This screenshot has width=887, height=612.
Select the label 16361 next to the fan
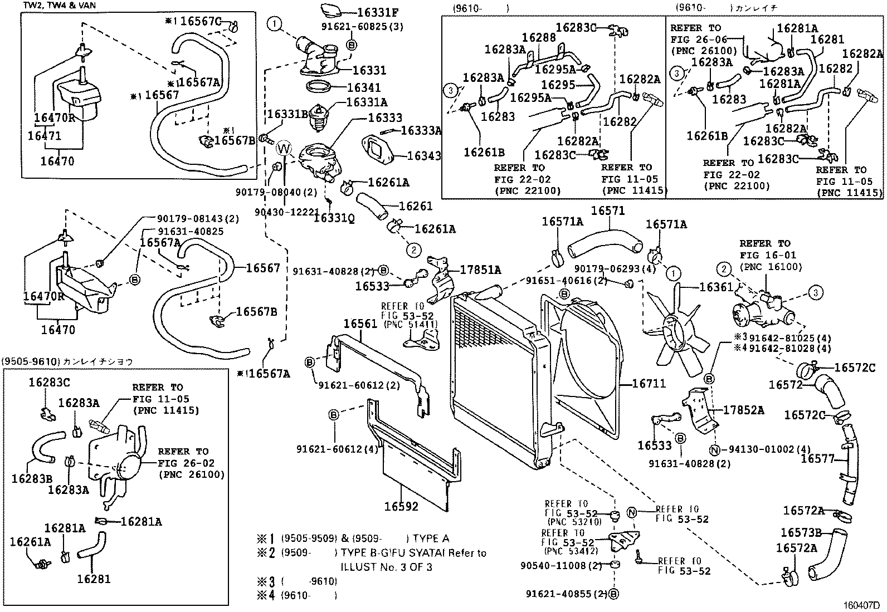(717, 287)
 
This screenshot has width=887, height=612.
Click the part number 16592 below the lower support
(401, 507)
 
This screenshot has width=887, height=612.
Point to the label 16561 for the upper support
(360, 324)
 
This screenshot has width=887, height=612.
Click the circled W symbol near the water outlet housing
(284, 149)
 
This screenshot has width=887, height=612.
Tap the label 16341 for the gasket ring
(363, 87)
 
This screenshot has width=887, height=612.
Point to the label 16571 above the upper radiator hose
(608, 211)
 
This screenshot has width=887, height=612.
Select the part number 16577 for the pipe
(817, 459)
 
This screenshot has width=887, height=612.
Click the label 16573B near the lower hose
(801, 533)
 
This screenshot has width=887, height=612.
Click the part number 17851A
(480, 270)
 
